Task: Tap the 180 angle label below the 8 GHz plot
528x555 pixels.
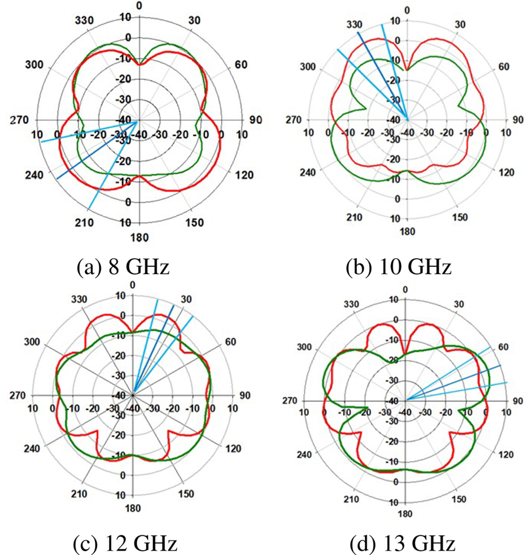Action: point(140,238)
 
